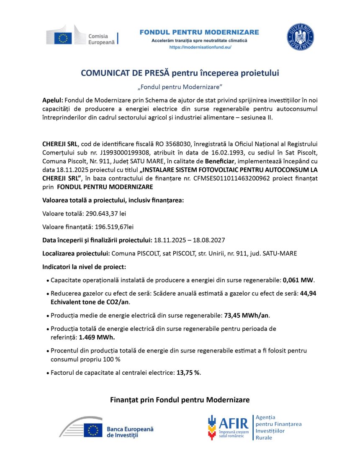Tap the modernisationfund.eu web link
[x=200, y=48]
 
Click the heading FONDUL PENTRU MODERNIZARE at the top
[x=199, y=32]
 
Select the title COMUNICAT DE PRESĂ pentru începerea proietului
[x=180, y=73]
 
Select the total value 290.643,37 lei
[x=105, y=214]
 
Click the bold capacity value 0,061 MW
[x=298, y=280]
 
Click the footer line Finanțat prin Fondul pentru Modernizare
[x=180, y=400]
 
